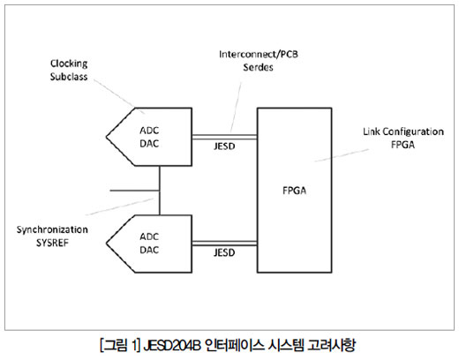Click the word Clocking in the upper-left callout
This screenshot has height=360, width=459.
coord(69,64)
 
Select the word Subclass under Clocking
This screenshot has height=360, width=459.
coord(69,77)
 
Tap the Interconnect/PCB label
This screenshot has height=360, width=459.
coord(259,55)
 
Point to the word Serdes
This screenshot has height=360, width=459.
coord(258,67)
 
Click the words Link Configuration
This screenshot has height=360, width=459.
coord(403,131)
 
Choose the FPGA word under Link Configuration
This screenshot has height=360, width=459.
coord(403,145)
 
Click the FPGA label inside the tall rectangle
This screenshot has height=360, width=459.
coord(294,191)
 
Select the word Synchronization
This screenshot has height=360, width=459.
coord(52,229)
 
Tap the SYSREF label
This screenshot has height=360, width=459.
coord(52,243)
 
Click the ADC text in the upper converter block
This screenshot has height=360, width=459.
coord(149,131)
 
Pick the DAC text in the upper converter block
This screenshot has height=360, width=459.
coord(149,144)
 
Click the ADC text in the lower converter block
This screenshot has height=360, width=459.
coord(149,236)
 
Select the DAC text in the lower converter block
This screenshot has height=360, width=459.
coord(149,250)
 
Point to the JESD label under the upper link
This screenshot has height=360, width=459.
coord(224,146)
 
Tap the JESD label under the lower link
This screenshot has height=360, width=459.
coord(224,252)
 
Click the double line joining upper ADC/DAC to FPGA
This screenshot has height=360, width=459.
coord(224,137)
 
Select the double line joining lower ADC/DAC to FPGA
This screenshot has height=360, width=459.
coord(224,244)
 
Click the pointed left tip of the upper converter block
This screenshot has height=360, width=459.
coord(107,137)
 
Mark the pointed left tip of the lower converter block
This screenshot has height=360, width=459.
coord(107,244)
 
